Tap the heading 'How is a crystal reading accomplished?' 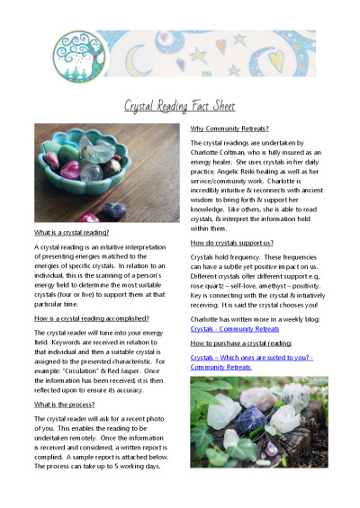click(x=92, y=317)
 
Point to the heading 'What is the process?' click(x=67, y=405)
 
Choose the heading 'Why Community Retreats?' click(x=229, y=129)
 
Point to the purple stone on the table click(x=113, y=210)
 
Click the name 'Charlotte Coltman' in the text click(x=223, y=154)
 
